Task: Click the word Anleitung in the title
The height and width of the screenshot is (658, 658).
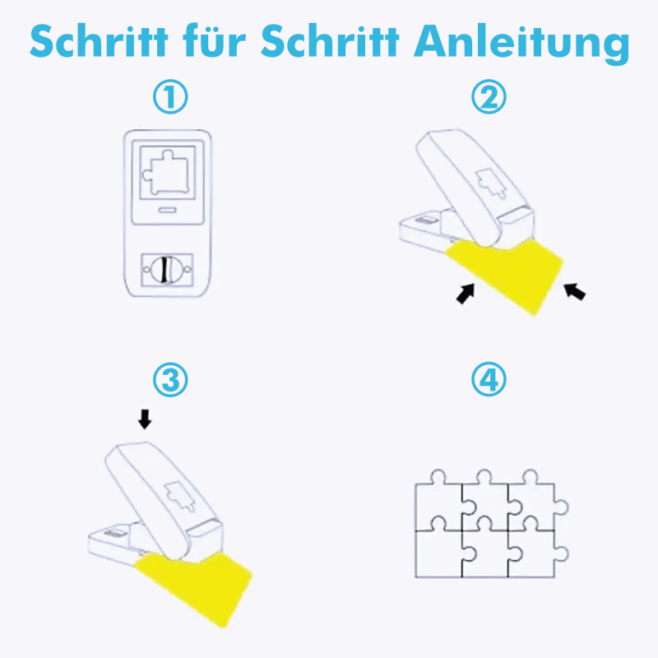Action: (521, 44)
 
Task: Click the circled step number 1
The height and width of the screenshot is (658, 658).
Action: (170, 96)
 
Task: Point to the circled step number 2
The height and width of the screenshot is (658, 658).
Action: (489, 96)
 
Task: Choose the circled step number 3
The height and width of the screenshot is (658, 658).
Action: (170, 380)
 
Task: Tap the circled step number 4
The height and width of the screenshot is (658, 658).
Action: (489, 379)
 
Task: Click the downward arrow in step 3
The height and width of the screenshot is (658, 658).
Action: (145, 419)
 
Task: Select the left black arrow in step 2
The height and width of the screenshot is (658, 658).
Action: (466, 293)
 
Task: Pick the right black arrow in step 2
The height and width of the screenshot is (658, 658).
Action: (574, 291)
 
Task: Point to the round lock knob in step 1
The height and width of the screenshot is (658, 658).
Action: (167, 270)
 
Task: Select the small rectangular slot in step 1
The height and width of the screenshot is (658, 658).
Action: (167, 210)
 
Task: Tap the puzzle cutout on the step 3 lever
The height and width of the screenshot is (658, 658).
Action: (180, 495)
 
